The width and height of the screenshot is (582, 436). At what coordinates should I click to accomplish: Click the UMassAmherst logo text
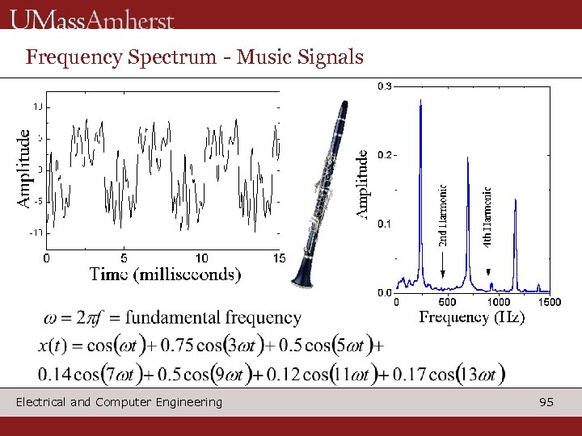click(93, 19)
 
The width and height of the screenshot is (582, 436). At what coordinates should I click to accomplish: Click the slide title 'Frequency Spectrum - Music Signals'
click(194, 57)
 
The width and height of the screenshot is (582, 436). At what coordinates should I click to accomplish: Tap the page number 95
click(546, 401)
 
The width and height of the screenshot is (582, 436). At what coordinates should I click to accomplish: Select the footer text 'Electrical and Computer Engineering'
click(119, 401)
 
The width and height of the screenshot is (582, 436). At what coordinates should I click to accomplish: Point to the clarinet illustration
click(323, 194)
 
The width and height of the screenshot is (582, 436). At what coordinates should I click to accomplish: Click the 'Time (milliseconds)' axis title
click(165, 275)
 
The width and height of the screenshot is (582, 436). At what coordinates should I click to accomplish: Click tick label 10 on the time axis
click(202, 258)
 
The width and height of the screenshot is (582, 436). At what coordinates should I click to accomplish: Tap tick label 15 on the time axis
click(278, 258)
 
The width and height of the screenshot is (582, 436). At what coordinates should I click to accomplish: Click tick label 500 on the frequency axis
click(446, 302)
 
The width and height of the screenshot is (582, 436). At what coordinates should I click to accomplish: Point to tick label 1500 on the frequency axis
click(550, 302)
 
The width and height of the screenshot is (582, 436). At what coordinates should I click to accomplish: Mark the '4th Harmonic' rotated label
click(487, 216)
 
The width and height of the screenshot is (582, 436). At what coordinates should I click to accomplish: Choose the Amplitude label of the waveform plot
click(25, 169)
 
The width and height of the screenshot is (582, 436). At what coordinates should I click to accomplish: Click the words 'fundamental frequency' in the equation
click(213, 318)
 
